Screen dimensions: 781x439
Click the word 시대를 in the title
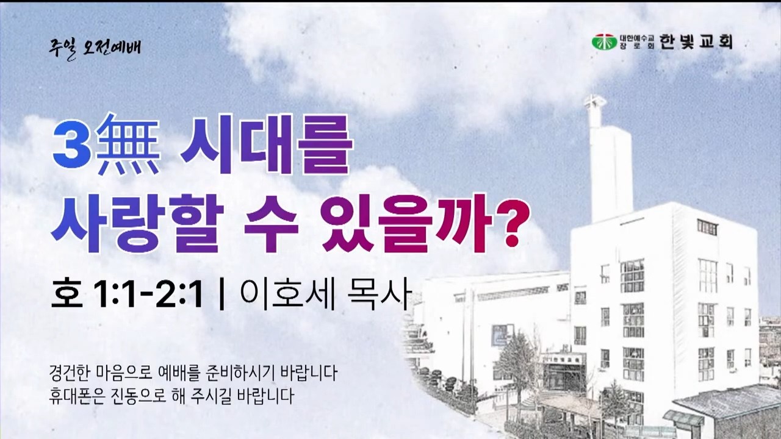click(x=265, y=144)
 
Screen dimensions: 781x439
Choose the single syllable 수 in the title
click(x=271, y=223)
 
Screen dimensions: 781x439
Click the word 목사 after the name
click(x=378, y=296)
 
